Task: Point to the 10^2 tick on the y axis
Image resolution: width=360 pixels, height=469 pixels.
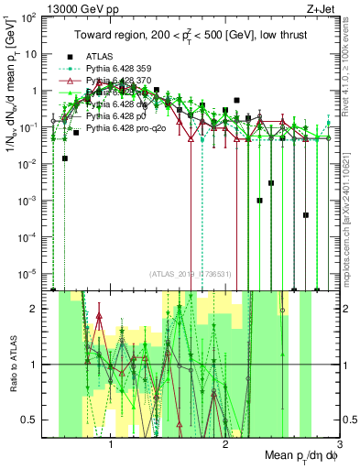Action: coord(32,17)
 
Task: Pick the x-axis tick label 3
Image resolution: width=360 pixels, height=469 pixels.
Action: coord(339,444)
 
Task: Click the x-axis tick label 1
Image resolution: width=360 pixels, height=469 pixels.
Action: coord(112,444)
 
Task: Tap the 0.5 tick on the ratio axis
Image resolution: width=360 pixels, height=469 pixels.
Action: coord(32,420)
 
